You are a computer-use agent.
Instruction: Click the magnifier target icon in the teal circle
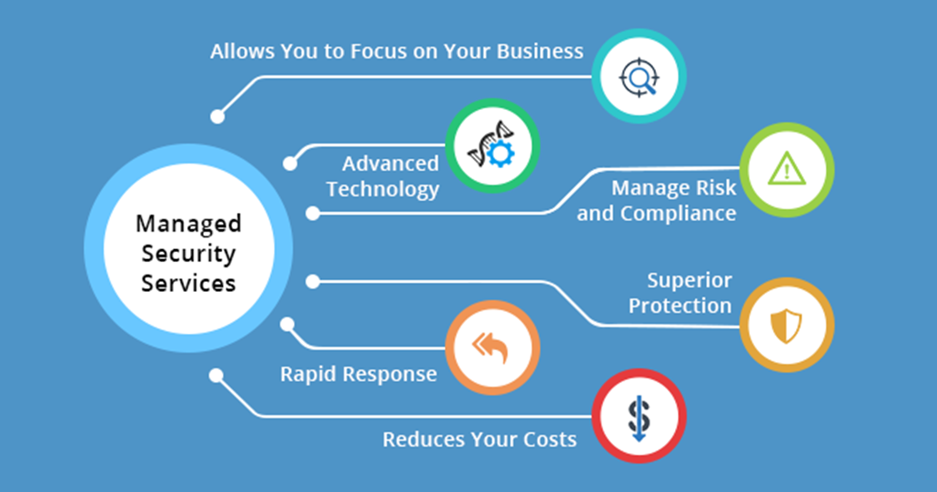(639, 77)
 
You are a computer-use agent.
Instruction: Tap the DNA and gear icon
(492, 146)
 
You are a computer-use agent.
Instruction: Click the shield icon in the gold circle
(786, 326)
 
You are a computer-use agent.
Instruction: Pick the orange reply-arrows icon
(490, 347)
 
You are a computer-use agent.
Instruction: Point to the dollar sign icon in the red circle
(639, 417)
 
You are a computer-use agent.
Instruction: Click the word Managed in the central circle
(188, 225)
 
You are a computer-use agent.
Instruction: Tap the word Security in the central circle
(188, 254)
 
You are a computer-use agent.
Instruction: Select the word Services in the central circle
(188, 283)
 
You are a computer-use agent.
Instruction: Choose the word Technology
(382, 189)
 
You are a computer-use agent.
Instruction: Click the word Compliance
(678, 213)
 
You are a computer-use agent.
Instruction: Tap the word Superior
(690, 280)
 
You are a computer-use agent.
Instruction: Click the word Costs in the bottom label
(549, 439)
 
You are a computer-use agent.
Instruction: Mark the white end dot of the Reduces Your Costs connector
(217, 376)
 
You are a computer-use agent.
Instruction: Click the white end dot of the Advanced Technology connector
(290, 164)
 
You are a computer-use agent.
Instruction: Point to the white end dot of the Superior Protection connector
(313, 281)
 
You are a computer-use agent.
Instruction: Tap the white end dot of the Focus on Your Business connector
(217, 116)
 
